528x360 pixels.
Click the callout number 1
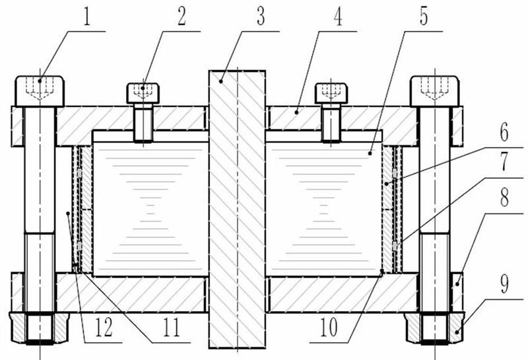[x=87, y=17]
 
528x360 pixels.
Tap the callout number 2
[x=182, y=17]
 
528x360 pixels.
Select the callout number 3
[x=261, y=17]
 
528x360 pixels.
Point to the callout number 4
[x=338, y=17]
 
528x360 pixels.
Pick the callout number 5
[x=424, y=17]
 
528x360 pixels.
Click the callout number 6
[x=504, y=133]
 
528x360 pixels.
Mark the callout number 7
[x=504, y=162]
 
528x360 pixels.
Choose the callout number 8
[x=504, y=198]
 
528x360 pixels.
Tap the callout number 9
[x=504, y=284]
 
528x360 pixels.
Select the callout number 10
[x=328, y=328]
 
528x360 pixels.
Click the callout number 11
[x=172, y=328]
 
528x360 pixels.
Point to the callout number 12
[x=104, y=328]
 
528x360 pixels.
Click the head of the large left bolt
[x=40, y=91]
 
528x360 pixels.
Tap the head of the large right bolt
[x=434, y=91]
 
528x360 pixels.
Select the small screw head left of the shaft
[x=143, y=93]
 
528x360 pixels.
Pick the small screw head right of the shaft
[x=331, y=93]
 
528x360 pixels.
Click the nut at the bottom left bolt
[x=39, y=328]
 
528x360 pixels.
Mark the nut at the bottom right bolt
[x=434, y=328]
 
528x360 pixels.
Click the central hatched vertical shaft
[x=237, y=209]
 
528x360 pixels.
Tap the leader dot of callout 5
[x=370, y=153]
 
